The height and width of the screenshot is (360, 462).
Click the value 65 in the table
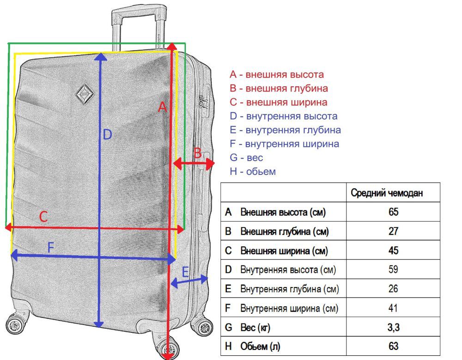click(393, 212)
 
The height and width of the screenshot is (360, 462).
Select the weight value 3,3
click(393, 328)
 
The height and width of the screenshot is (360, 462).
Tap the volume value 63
click(393, 346)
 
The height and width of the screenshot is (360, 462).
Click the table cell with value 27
click(393, 232)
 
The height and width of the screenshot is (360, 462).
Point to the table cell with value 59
click(393, 270)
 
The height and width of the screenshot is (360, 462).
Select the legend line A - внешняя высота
click(277, 74)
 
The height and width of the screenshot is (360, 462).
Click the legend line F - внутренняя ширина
click(284, 144)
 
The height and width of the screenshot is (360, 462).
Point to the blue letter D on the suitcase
click(107, 135)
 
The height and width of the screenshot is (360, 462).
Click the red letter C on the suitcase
click(43, 216)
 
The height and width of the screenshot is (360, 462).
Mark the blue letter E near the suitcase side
click(185, 272)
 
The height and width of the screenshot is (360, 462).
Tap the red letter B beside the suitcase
click(197, 153)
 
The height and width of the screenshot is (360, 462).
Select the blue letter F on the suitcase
click(51, 247)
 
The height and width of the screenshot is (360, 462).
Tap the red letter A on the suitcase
click(162, 108)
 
